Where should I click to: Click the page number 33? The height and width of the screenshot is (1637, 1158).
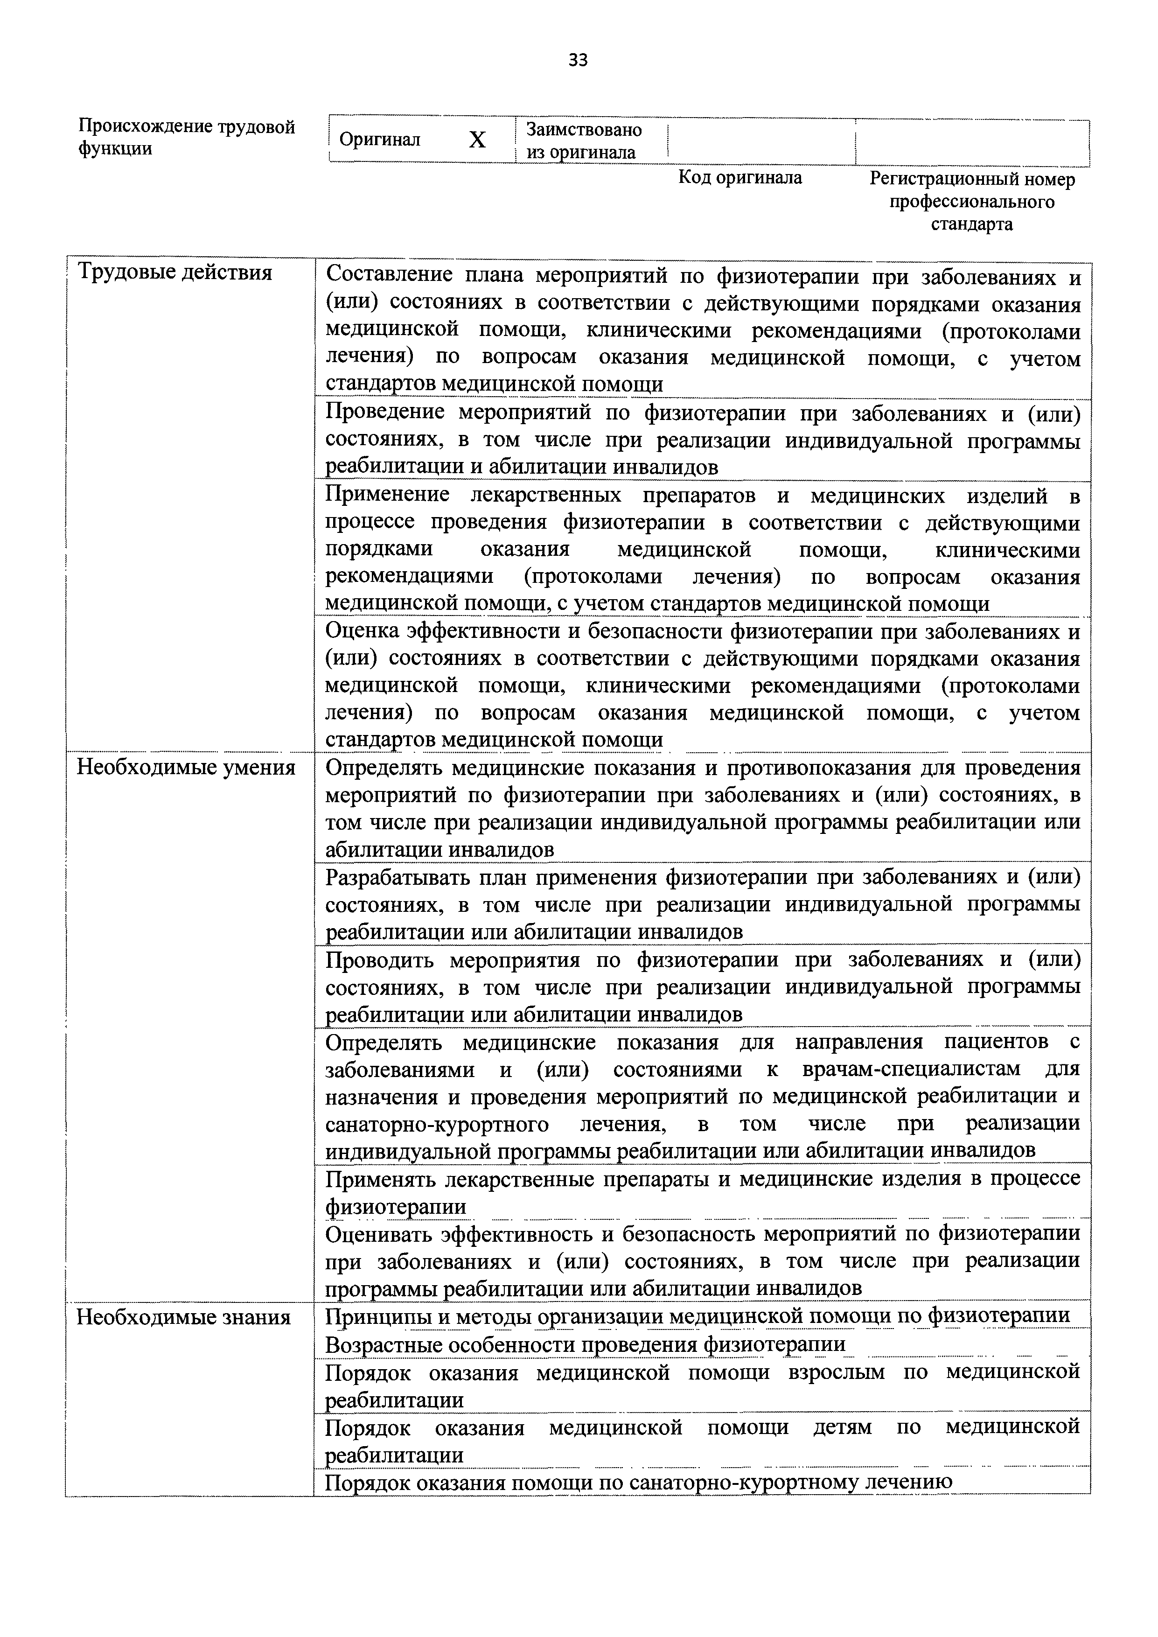(578, 61)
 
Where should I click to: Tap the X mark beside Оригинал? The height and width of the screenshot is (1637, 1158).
(477, 140)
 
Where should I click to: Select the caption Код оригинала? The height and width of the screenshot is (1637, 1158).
(739, 177)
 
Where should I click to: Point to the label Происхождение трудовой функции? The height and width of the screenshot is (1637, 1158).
(186, 138)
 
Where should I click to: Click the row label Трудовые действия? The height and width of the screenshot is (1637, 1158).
(174, 273)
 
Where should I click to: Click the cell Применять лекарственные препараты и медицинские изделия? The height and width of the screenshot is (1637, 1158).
(702, 1191)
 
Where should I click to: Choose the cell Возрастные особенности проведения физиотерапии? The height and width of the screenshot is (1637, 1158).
(585, 1345)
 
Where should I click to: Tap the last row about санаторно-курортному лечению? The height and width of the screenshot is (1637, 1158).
(638, 1482)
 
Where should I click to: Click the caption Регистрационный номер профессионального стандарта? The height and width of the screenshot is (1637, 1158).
(971, 202)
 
